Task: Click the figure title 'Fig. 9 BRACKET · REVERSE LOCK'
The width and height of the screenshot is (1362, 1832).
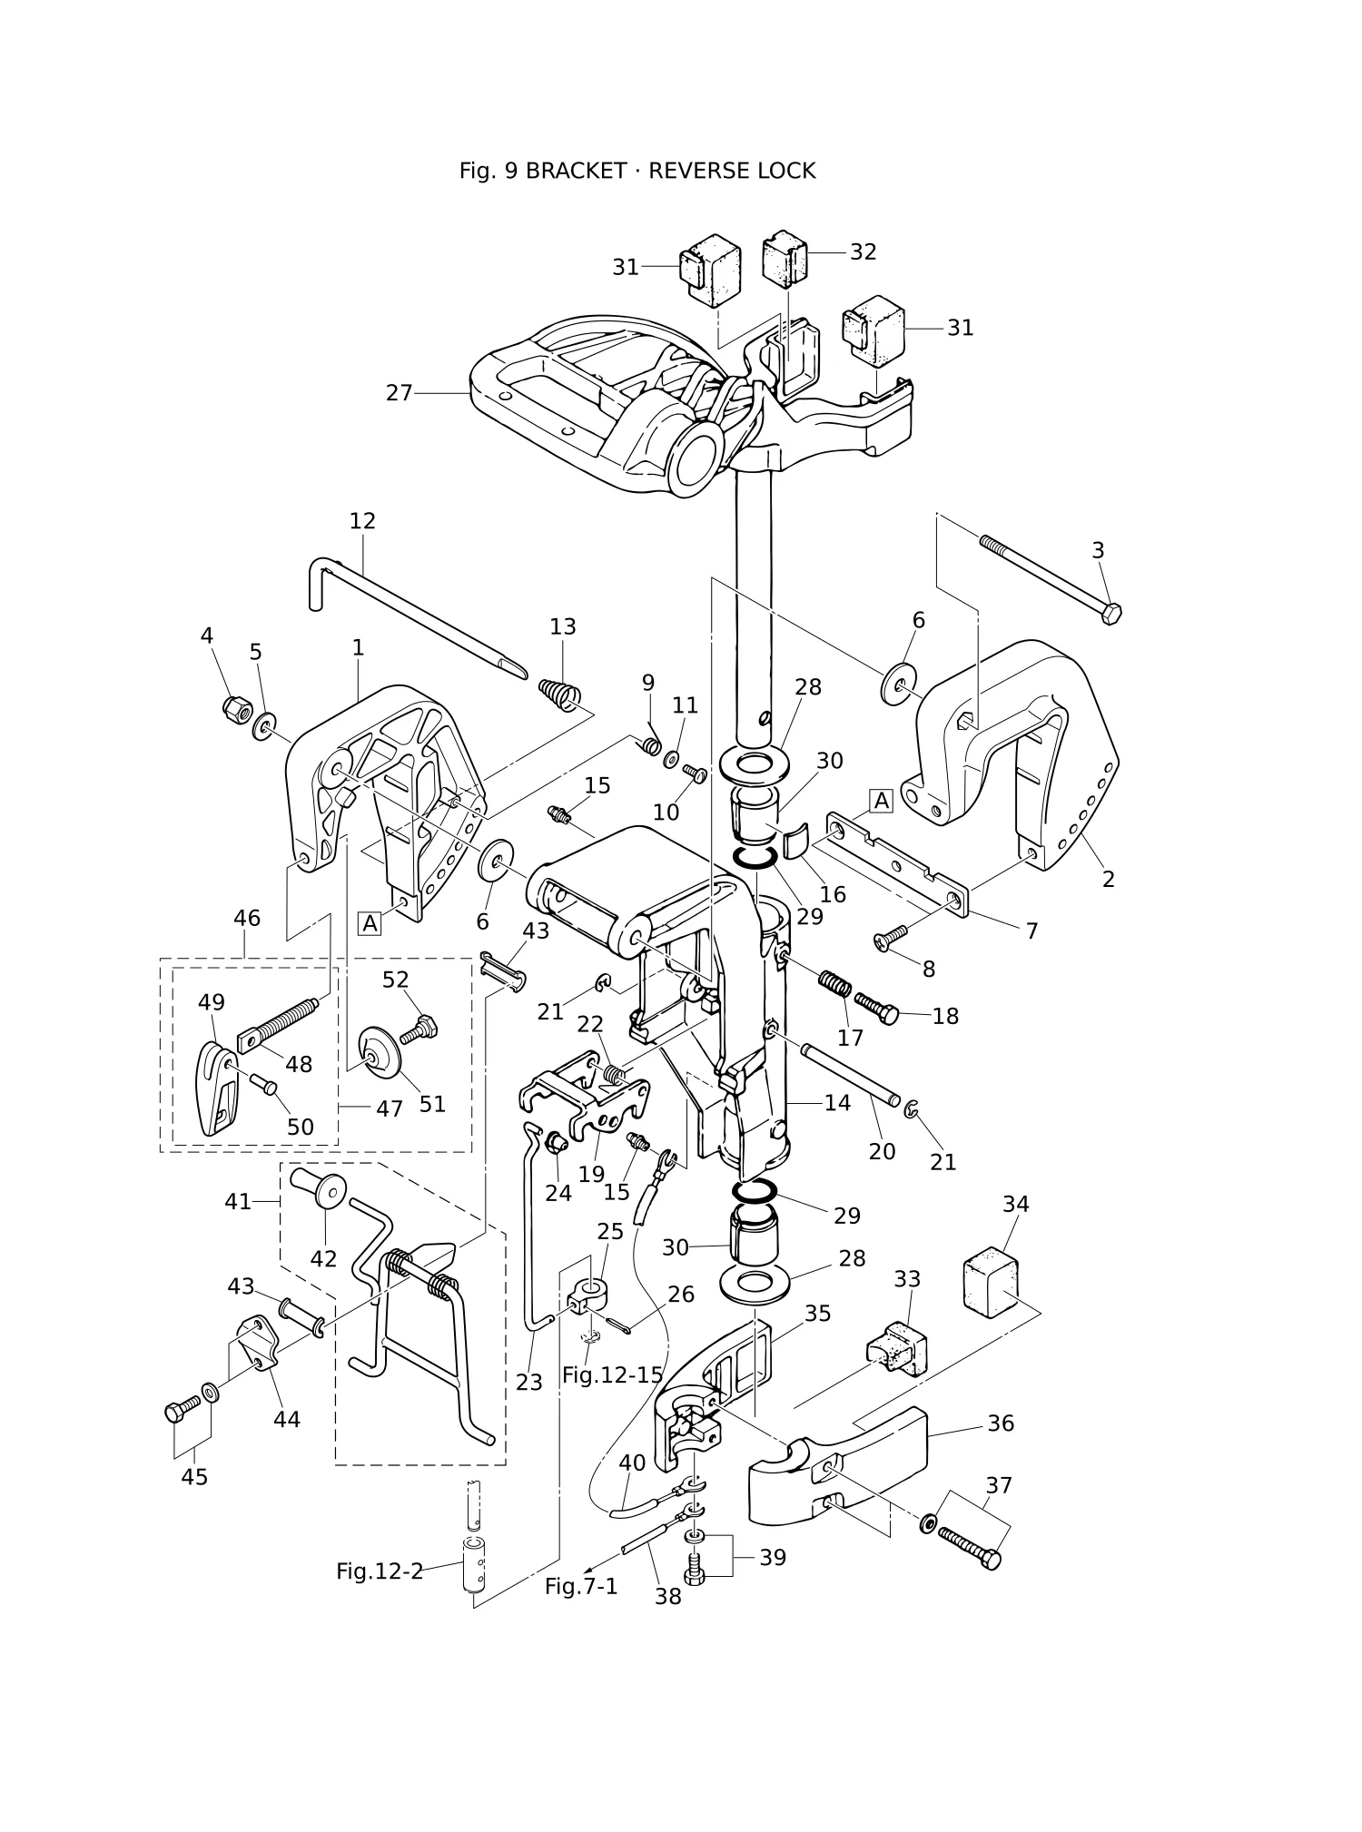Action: coord(637,171)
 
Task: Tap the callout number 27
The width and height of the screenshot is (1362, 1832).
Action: coord(400,393)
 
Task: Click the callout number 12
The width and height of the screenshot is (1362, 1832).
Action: coord(362,521)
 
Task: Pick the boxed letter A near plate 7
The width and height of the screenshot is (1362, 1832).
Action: coord(881,801)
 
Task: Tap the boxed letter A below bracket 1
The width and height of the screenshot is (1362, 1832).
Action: coord(370,924)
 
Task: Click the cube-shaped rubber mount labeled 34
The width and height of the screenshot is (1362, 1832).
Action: coord(991,1280)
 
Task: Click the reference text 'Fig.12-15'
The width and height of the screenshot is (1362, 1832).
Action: coord(613,1374)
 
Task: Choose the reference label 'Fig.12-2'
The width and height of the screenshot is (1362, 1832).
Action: coord(380,1571)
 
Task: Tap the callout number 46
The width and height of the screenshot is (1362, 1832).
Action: coord(247,918)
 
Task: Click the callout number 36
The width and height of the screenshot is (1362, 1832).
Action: coord(1001,1423)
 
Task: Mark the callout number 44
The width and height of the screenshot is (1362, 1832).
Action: coord(287,1419)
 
